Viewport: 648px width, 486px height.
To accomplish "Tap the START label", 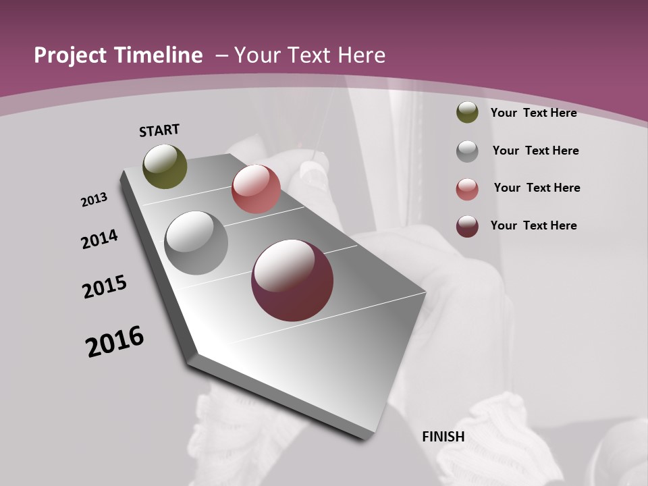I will click(159, 130).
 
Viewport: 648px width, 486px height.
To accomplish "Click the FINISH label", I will click(443, 437).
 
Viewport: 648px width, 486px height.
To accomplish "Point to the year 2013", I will click(94, 200).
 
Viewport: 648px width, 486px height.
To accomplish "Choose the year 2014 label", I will click(99, 239).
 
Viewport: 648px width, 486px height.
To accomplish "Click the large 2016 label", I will click(115, 342).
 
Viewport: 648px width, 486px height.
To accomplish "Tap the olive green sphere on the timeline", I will click(165, 167).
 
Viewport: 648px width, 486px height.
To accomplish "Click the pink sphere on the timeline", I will click(256, 189).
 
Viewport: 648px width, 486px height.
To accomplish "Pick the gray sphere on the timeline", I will click(196, 243).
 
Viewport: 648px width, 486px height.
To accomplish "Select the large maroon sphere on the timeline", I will click(292, 280).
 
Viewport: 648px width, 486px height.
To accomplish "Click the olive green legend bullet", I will click(467, 112).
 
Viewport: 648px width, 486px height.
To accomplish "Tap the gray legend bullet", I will click(467, 151).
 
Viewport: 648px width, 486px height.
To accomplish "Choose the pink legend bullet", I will click(467, 189).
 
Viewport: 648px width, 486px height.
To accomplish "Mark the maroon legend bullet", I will click(467, 226).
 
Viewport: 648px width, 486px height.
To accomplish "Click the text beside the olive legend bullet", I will click(533, 113).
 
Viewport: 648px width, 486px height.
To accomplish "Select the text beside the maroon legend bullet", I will click(533, 225).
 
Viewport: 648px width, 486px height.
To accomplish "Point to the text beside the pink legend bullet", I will click(537, 188).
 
